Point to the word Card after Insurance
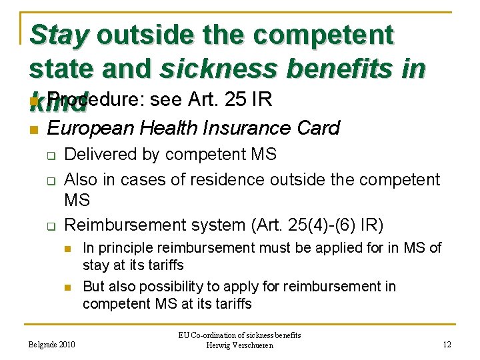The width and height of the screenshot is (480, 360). [314, 127]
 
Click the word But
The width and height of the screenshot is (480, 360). [94, 287]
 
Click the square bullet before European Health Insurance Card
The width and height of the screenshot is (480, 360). [33, 129]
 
